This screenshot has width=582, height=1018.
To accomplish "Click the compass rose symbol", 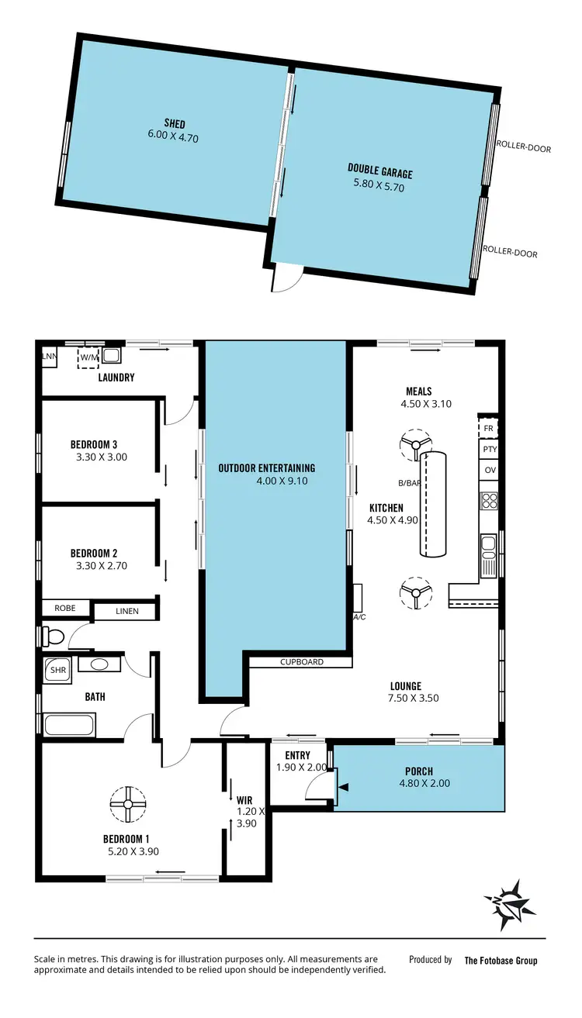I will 510,905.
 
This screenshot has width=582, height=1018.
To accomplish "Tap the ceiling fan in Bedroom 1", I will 127,804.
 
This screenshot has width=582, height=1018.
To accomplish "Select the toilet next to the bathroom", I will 54,637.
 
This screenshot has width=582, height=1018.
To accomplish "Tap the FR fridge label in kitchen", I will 489,428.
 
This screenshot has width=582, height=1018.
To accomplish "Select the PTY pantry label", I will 489,449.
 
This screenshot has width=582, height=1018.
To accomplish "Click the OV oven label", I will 489,471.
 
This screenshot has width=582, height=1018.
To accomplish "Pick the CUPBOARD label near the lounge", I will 303,662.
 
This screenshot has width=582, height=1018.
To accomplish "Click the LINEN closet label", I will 127,611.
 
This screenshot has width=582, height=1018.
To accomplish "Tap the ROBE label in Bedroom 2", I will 65,609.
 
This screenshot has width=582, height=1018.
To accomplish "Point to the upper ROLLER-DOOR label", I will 524,147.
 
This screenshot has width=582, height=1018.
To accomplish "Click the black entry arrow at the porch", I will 344,787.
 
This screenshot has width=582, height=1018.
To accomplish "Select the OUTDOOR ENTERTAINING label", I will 266,468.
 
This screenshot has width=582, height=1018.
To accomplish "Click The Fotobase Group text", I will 501,961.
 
